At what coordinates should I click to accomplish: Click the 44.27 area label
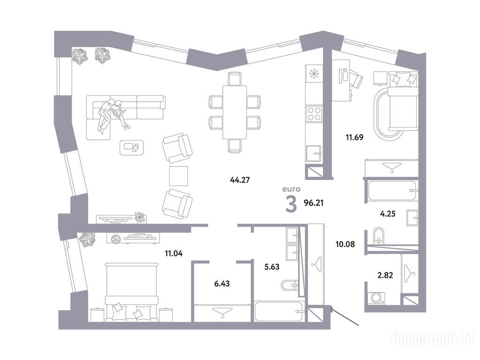pos(240,180)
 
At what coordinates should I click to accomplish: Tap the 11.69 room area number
pos(354,137)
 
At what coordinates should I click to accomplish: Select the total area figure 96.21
pos(314,202)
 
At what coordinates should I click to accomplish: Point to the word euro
pos(291,189)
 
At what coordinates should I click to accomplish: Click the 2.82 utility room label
pos(385,275)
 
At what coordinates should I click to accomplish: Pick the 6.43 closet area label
pos(222,284)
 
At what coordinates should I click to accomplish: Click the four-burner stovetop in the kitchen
pos(314,113)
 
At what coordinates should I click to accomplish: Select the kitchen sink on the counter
pos(314,153)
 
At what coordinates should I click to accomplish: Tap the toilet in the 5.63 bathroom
pos(289,285)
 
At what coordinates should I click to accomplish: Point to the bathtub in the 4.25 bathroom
pos(392,191)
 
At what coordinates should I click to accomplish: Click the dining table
pos(234,112)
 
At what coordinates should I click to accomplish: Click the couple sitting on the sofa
pos(112,115)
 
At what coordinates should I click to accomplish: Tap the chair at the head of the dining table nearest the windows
pos(235,78)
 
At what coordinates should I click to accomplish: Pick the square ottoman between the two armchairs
pos(179,176)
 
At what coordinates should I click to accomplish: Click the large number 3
pos(291,204)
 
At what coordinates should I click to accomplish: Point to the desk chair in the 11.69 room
pos(356,78)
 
